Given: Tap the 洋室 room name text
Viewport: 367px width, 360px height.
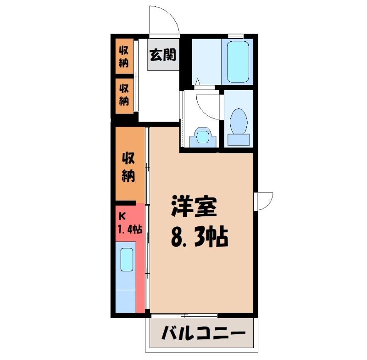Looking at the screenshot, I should [x=194, y=207].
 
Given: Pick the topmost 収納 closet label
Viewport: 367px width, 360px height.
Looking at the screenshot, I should [x=124, y=56].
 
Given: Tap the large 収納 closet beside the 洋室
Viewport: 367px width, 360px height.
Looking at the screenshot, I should [x=128, y=167].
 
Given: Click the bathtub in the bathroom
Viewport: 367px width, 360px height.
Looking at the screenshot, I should [x=237, y=62].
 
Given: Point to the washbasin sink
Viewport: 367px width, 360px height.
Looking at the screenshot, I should [x=202, y=136].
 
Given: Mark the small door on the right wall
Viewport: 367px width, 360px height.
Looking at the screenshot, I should [x=265, y=201].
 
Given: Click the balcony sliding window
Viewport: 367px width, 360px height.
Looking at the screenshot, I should [x=183, y=315].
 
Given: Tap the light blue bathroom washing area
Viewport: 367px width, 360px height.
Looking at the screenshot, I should [x=206, y=62].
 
